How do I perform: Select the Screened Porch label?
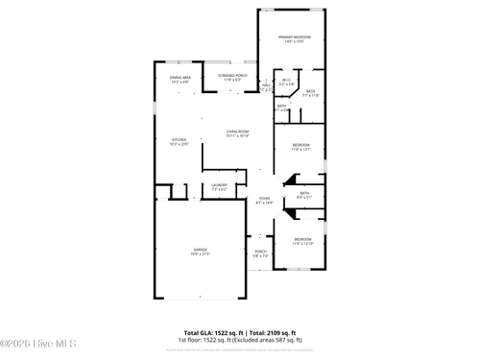pos(233,75)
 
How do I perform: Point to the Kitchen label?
pos(180,139)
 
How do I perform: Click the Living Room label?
pos(238,132)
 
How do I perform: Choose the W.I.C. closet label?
pos(286,81)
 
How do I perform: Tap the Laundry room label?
pos(219,185)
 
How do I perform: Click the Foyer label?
pos(264,198)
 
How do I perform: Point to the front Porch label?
pos(260,252)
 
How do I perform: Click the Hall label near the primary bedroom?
pos(267,84)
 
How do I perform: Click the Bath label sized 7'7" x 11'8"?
pos(311,91)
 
